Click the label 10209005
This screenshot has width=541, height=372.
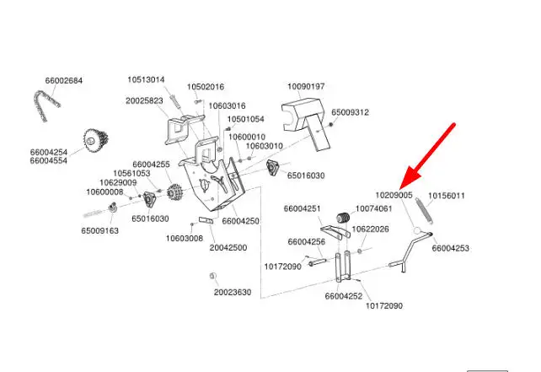pyautogui.click(x=394, y=195)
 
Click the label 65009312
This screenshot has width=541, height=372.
pyautogui.click(x=350, y=111)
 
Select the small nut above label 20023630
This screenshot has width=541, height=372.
pyautogui.click(x=212, y=276)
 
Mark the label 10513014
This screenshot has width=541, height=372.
pyautogui.click(x=146, y=80)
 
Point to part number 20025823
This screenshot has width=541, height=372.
pyautogui.click(x=145, y=100)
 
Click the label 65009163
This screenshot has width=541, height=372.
pyautogui.click(x=101, y=229)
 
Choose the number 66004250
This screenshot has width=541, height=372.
pyautogui.click(x=241, y=220)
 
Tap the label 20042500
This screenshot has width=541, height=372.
pyautogui.click(x=228, y=248)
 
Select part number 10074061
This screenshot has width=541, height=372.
pyautogui.click(x=374, y=208)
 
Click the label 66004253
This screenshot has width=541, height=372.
pyautogui.click(x=451, y=249)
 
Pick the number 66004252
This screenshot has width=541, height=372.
pyautogui.click(x=343, y=296)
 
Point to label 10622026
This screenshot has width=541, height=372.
pyautogui.click(x=370, y=229)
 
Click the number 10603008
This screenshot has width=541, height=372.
pyautogui.click(x=184, y=238)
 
